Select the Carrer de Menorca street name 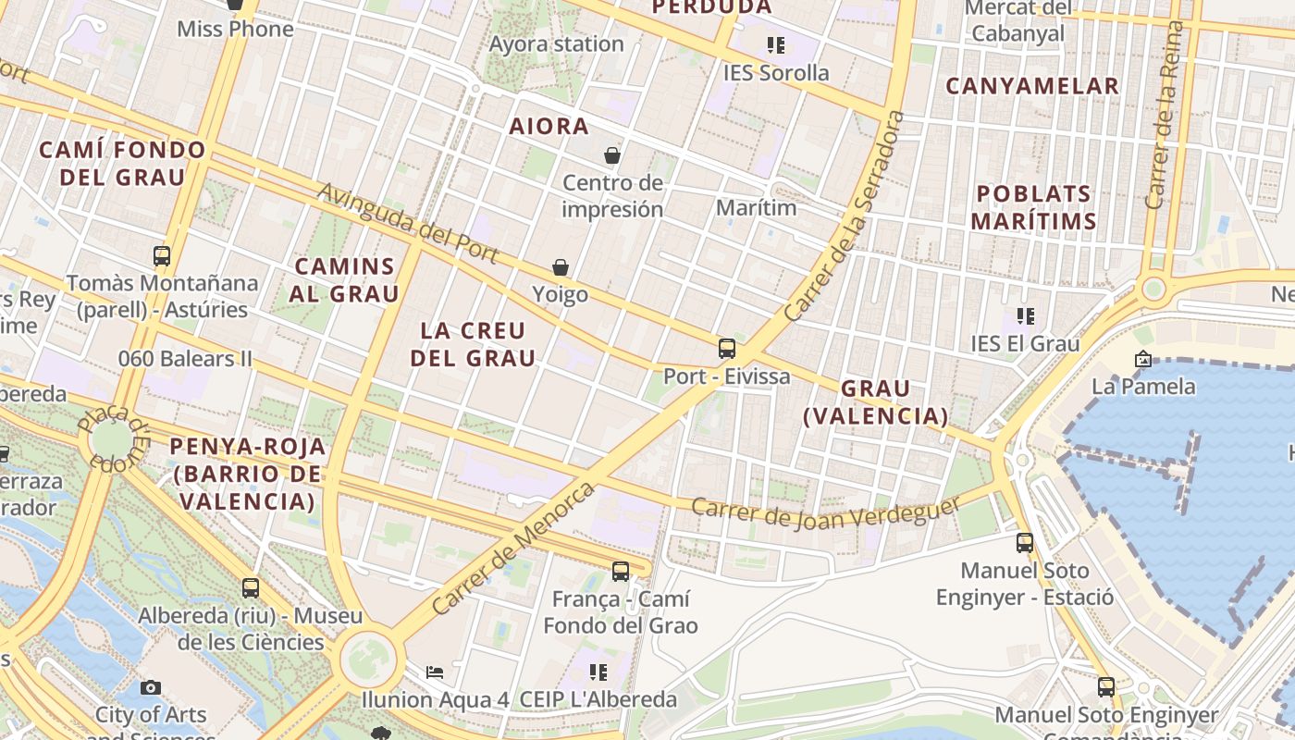(513, 548)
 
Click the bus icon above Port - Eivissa (727, 349)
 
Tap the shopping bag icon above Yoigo (561, 267)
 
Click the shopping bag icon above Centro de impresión (612, 154)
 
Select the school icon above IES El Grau (1025, 316)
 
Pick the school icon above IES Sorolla (775, 44)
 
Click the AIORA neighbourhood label (549, 127)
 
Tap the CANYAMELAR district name (1032, 87)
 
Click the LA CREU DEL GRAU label (473, 344)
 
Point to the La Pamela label (1143, 386)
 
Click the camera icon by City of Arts (151, 687)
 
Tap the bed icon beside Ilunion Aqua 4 (435, 672)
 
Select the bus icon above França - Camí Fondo (621, 572)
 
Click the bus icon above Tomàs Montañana (162, 256)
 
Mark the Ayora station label (556, 44)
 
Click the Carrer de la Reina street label (1164, 116)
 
